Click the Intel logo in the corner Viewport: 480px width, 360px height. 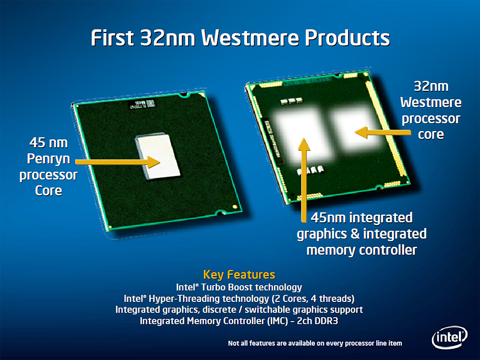tap(450, 337)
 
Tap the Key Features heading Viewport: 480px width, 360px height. tap(239, 275)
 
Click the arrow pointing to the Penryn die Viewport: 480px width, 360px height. tap(118, 162)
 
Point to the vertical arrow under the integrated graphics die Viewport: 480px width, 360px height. tap(304, 180)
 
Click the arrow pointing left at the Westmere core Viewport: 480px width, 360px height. tap(383, 132)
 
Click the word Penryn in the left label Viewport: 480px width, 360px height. tap(48, 159)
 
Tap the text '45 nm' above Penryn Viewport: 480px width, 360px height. tap(48, 143)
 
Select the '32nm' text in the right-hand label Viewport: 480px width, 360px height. tap(431, 86)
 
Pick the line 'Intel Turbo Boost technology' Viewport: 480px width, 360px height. tap(239, 287)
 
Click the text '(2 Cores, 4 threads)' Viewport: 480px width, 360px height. tap(313, 299)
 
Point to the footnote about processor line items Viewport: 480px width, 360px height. tap(315, 343)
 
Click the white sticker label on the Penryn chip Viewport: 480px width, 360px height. tap(142, 104)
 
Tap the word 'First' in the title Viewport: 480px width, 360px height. tap(112, 38)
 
